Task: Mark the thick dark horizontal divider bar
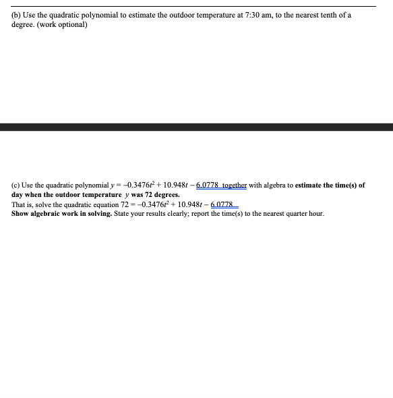pos(196,127)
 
